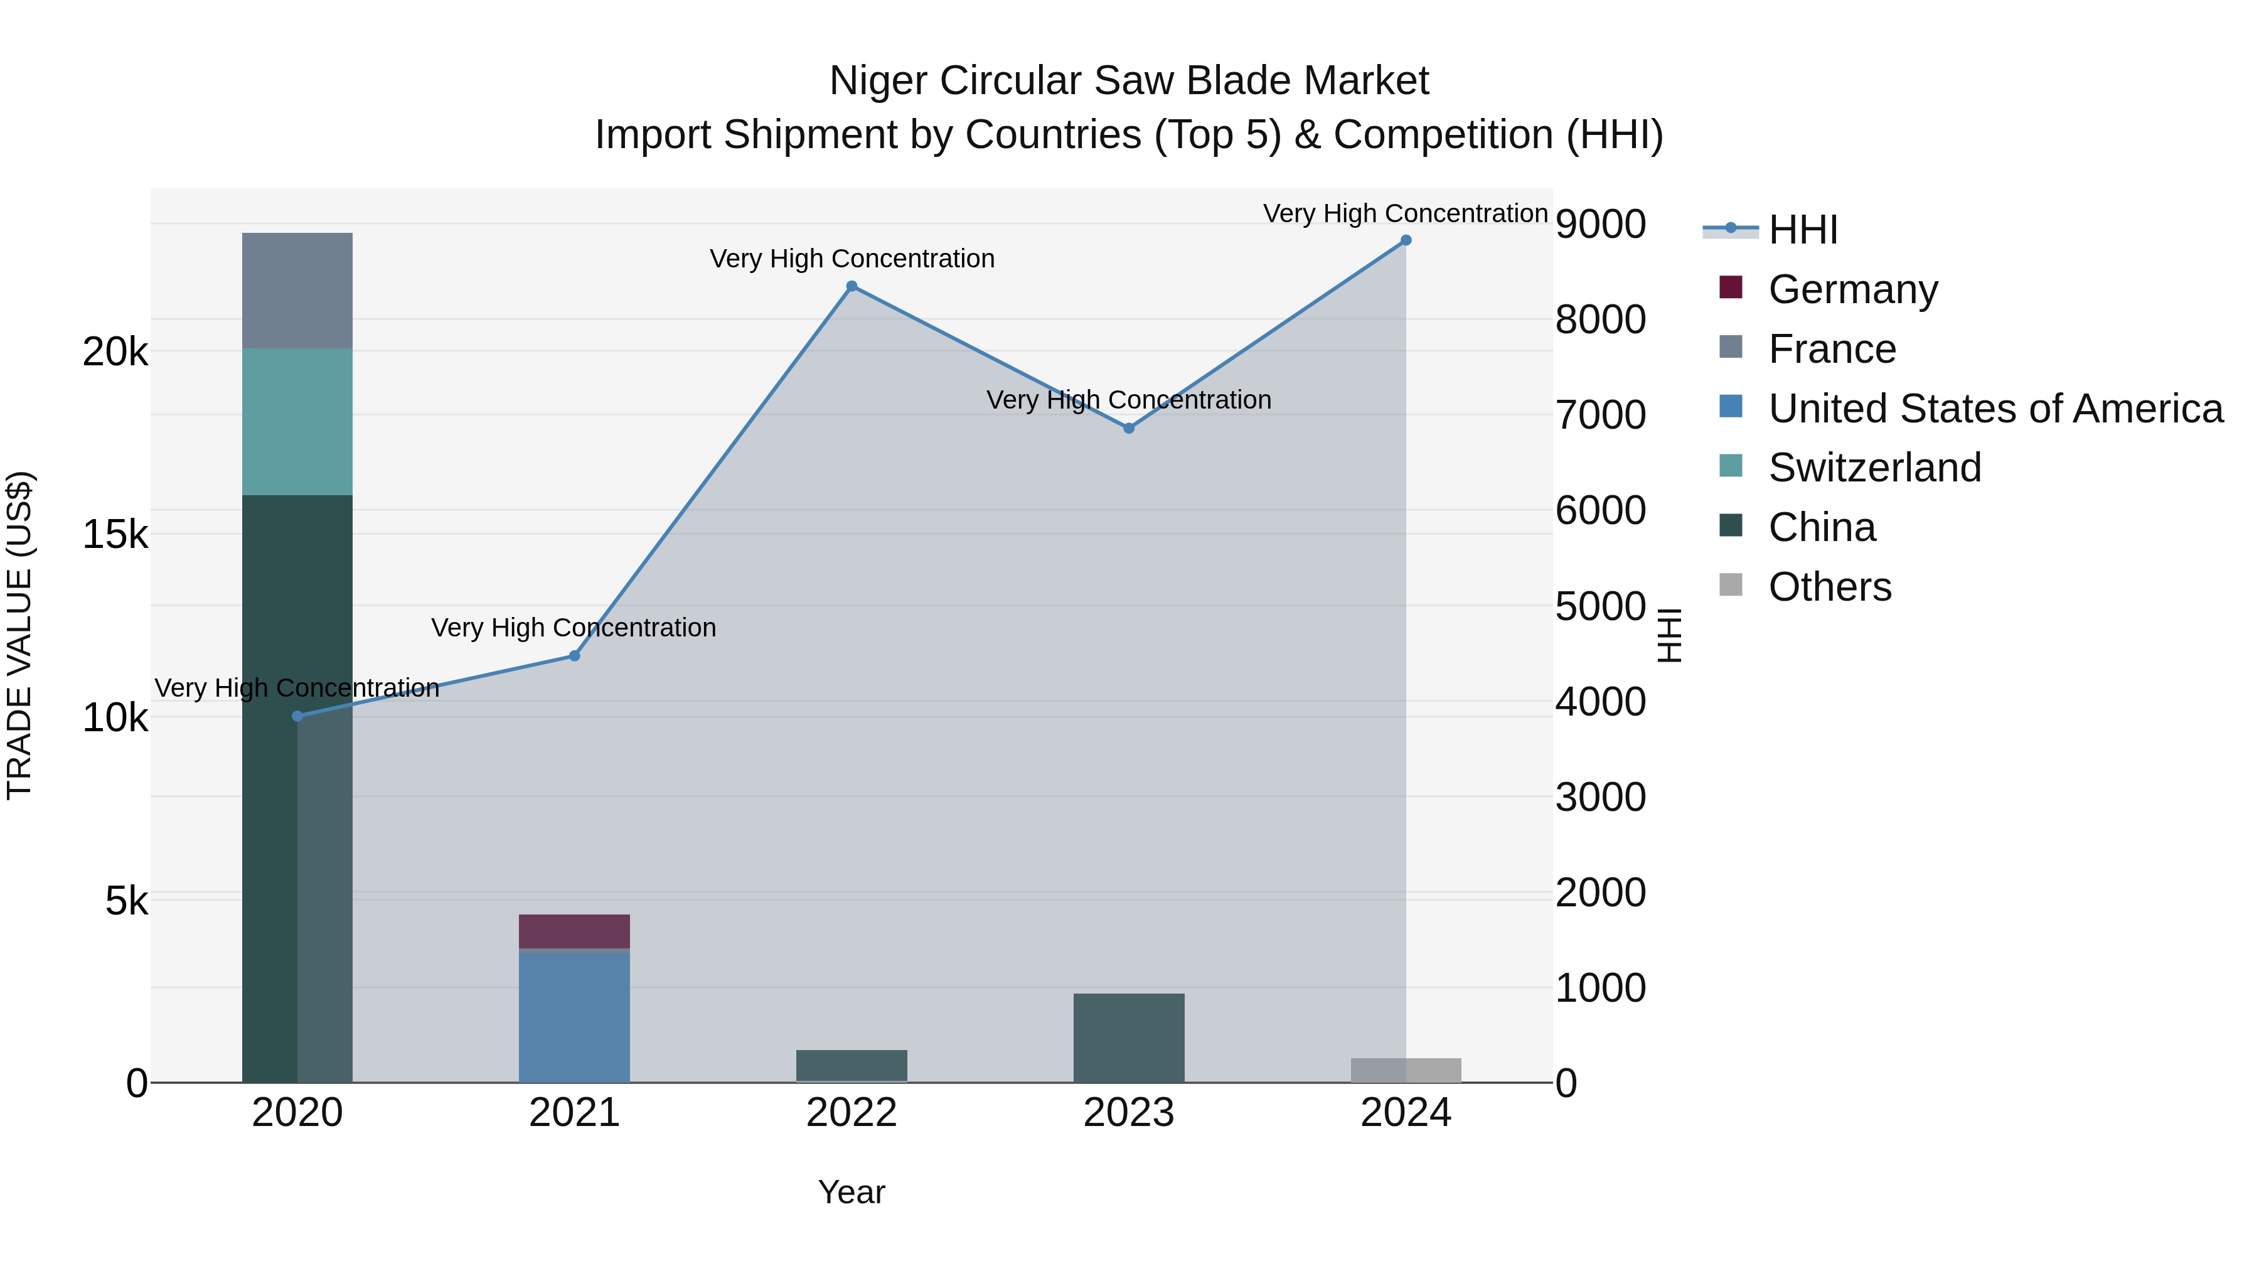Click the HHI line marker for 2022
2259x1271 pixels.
(852, 287)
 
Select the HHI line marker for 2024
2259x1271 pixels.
(1406, 240)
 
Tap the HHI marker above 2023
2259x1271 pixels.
(1129, 428)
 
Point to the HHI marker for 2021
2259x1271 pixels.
(574, 656)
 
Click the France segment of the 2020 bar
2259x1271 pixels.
(297, 291)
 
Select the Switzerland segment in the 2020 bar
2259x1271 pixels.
(297, 422)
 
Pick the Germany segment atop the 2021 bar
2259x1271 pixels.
(574, 931)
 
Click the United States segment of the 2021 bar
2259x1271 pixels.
(574, 1017)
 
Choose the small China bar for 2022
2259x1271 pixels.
(852, 1066)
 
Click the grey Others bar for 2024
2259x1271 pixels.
(1406, 1070)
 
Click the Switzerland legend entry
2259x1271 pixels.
(1873, 468)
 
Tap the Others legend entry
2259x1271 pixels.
(1829, 587)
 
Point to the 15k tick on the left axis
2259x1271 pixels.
(115, 534)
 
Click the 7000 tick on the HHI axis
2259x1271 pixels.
(1600, 415)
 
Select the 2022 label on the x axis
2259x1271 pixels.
(852, 1113)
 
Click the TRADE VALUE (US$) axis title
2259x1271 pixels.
(19, 635)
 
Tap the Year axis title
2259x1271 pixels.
(852, 1192)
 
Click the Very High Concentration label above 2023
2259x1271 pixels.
(1129, 400)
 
